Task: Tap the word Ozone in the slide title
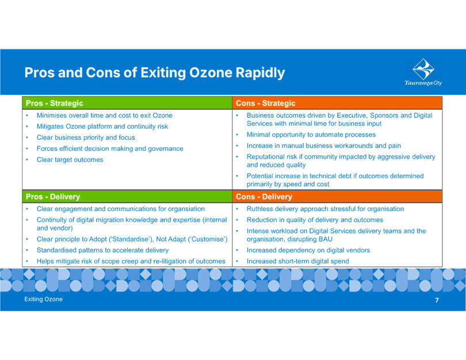point(207,73)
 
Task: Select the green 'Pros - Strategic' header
point(55,103)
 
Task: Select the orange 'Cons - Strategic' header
point(266,103)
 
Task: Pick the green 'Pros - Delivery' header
point(54,197)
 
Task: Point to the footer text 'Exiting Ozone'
point(43,300)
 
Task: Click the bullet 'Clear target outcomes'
point(70,159)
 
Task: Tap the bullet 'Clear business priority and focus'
point(86,137)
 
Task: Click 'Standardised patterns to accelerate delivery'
point(103,250)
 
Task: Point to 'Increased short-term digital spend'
point(297,261)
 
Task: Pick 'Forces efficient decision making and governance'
point(110,148)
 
